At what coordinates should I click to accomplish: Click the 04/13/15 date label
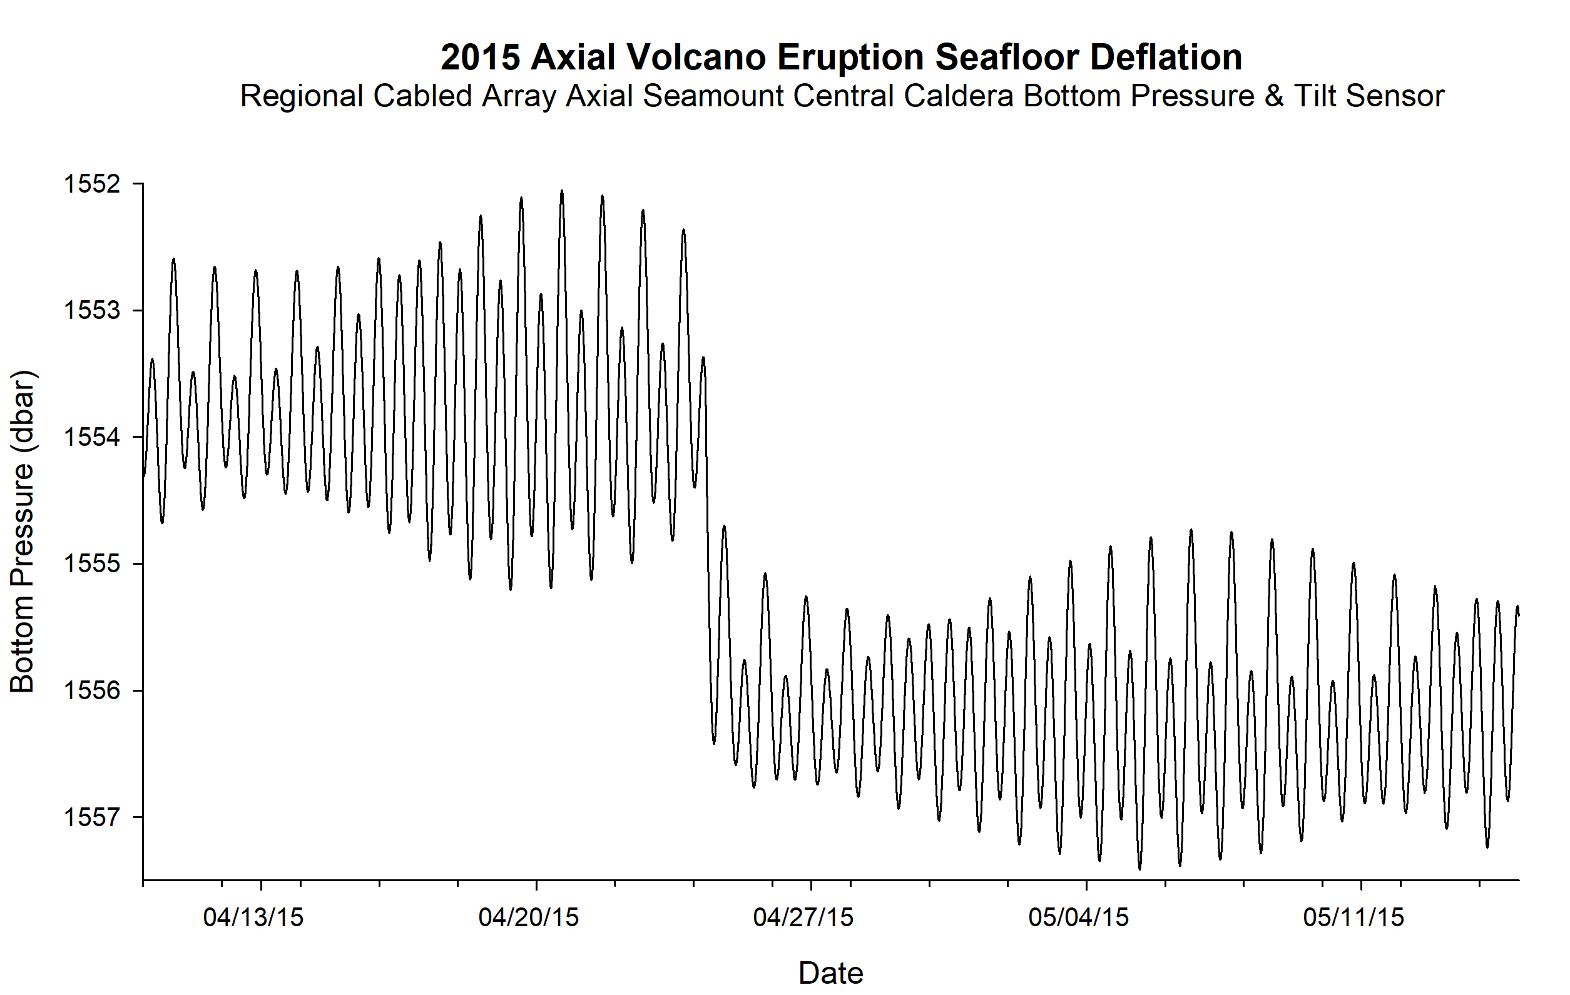tap(253, 917)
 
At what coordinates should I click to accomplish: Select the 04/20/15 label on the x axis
tap(529, 917)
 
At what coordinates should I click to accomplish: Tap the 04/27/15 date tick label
tap(803, 917)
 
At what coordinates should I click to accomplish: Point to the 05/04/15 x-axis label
tap(1078, 917)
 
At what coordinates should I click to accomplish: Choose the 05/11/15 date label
tap(1353, 917)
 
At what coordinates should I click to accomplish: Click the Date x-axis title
tap(830, 973)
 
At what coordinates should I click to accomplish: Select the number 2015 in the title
tap(481, 58)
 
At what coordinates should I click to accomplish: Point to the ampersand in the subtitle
tap(1274, 96)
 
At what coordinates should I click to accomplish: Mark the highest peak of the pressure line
tap(562, 191)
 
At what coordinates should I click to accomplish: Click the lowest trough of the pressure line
tap(1139, 869)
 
